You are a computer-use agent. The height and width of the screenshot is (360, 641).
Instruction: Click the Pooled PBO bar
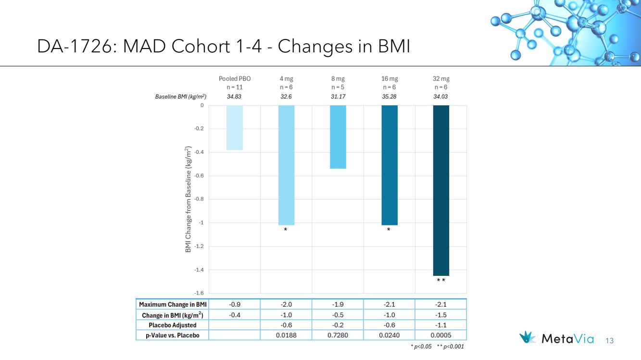coord(235,127)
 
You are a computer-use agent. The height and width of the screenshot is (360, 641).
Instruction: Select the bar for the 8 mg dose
coord(338,137)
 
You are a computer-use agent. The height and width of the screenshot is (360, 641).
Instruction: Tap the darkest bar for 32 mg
coord(441,190)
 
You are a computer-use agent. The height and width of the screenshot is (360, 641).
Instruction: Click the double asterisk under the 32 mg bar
coord(441,280)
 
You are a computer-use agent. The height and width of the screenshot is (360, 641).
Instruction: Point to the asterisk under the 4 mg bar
coord(285,229)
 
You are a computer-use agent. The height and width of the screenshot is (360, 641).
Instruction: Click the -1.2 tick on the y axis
coord(199,246)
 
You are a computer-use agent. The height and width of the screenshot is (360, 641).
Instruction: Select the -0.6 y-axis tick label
coord(199,175)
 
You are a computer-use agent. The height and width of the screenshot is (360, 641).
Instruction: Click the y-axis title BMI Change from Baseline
coord(188,199)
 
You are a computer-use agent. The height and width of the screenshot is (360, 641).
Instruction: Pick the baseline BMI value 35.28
coord(389,97)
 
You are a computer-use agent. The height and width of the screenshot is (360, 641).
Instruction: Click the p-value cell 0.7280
coord(338,335)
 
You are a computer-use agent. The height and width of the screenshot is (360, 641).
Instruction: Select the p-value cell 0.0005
coord(440,335)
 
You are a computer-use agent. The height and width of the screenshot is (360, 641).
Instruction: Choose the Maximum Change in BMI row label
coord(173,305)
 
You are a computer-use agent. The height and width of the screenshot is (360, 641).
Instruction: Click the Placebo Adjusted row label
coord(173,325)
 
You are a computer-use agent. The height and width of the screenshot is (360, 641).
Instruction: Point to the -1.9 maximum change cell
coord(338,305)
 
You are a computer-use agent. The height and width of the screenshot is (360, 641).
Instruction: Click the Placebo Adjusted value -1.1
coord(440,325)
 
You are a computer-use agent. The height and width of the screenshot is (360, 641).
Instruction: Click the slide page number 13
coord(610,341)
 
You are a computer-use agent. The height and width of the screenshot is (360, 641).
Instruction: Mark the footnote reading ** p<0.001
coord(450,347)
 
